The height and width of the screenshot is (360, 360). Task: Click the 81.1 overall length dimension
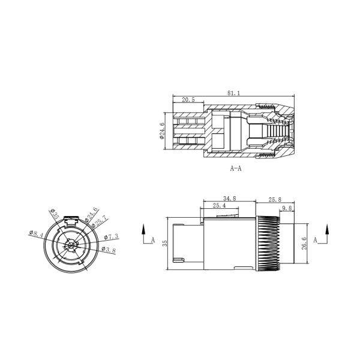pos(235,93)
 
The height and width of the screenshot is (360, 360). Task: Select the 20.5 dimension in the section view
pos(188,100)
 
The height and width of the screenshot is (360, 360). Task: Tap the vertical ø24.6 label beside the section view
pos(163,131)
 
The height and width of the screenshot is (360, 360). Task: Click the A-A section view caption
pos(236,169)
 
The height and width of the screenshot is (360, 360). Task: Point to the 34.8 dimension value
pos(229,198)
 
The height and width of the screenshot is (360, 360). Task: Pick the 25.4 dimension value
pos(219,206)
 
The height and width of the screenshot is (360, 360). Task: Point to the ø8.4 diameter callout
pos(35,235)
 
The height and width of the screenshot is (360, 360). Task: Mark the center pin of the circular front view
pos(71,244)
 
